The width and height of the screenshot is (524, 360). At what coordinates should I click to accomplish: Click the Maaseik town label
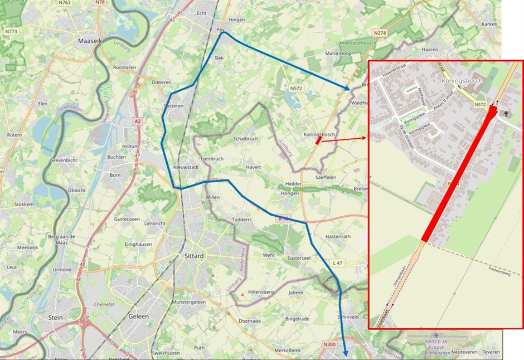point(89,41)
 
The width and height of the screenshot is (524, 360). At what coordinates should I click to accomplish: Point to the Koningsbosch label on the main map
point(319,135)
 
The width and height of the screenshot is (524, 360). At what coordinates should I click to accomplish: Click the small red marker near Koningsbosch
point(318,141)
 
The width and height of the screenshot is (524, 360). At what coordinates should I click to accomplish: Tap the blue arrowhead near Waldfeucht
point(348,88)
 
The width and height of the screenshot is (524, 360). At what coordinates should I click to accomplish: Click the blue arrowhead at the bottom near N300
point(345,353)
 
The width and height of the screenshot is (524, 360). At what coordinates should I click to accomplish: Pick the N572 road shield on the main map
point(295,89)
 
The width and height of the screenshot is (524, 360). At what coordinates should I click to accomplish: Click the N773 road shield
point(12,32)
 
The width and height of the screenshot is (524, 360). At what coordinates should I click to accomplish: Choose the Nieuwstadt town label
point(186,167)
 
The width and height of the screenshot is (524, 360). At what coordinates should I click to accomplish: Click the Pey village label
point(220,30)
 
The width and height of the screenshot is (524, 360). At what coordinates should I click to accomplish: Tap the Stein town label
point(55,317)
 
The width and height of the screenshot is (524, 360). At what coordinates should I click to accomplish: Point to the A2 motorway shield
point(137,121)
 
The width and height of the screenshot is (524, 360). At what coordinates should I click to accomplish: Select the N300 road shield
point(329,345)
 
